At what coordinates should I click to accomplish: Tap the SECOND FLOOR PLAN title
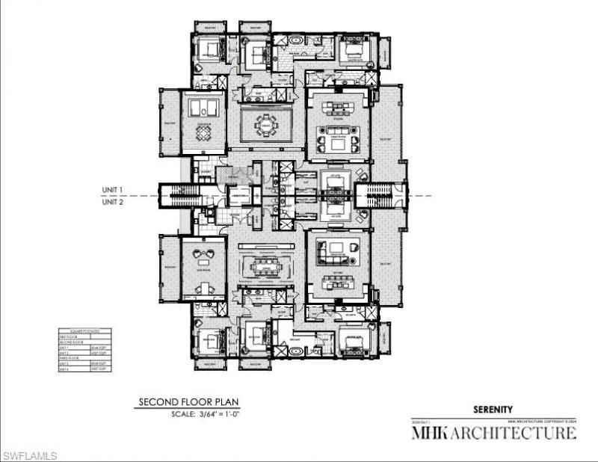click(x=188, y=402)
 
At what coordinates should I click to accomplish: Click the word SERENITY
click(x=493, y=409)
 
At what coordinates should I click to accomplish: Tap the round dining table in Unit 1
click(x=266, y=124)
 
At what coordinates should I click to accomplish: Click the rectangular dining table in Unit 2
click(x=265, y=267)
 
